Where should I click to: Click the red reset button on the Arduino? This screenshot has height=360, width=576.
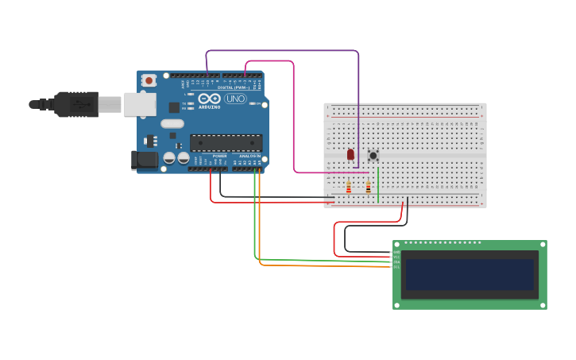(x=149, y=80)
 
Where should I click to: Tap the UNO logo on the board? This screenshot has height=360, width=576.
(x=236, y=99)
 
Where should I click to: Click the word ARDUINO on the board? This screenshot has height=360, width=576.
(x=210, y=106)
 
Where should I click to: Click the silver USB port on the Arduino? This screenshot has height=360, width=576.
(x=140, y=104)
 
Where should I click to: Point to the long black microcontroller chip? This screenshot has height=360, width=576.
(x=226, y=143)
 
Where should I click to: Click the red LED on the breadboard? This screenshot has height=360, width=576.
(x=350, y=154)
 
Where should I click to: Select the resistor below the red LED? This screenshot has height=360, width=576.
(x=349, y=188)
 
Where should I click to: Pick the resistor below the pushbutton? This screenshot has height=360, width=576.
(x=368, y=188)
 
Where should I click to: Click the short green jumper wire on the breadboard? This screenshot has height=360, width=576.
(x=378, y=184)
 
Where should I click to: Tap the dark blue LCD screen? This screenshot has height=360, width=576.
(x=469, y=274)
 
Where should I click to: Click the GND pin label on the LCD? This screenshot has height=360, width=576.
(x=396, y=253)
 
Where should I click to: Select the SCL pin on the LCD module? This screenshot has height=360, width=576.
(x=396, y=267)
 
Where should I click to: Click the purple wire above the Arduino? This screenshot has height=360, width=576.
(x=282, y=51)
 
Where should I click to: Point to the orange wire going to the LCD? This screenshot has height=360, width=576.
(x=318, y=265)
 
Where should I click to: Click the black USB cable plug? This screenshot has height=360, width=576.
(x=75, y=104)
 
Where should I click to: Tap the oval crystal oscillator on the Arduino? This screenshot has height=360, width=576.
(x=172, y=123)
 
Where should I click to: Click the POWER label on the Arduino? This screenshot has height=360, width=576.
(x=219, y=156)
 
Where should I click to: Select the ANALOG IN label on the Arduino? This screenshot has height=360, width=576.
(x=249, y=156)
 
